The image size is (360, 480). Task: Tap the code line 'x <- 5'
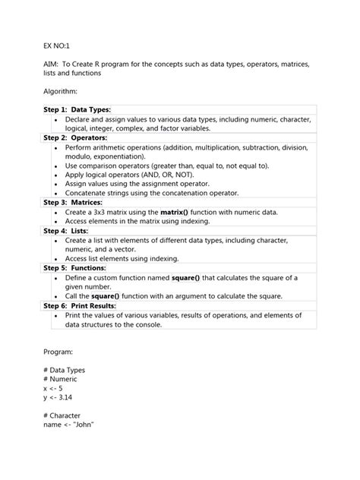pyautogui.click(x=53, y=387)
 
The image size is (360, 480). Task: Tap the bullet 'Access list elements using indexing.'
pyautogui.click(x=132, y=259)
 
